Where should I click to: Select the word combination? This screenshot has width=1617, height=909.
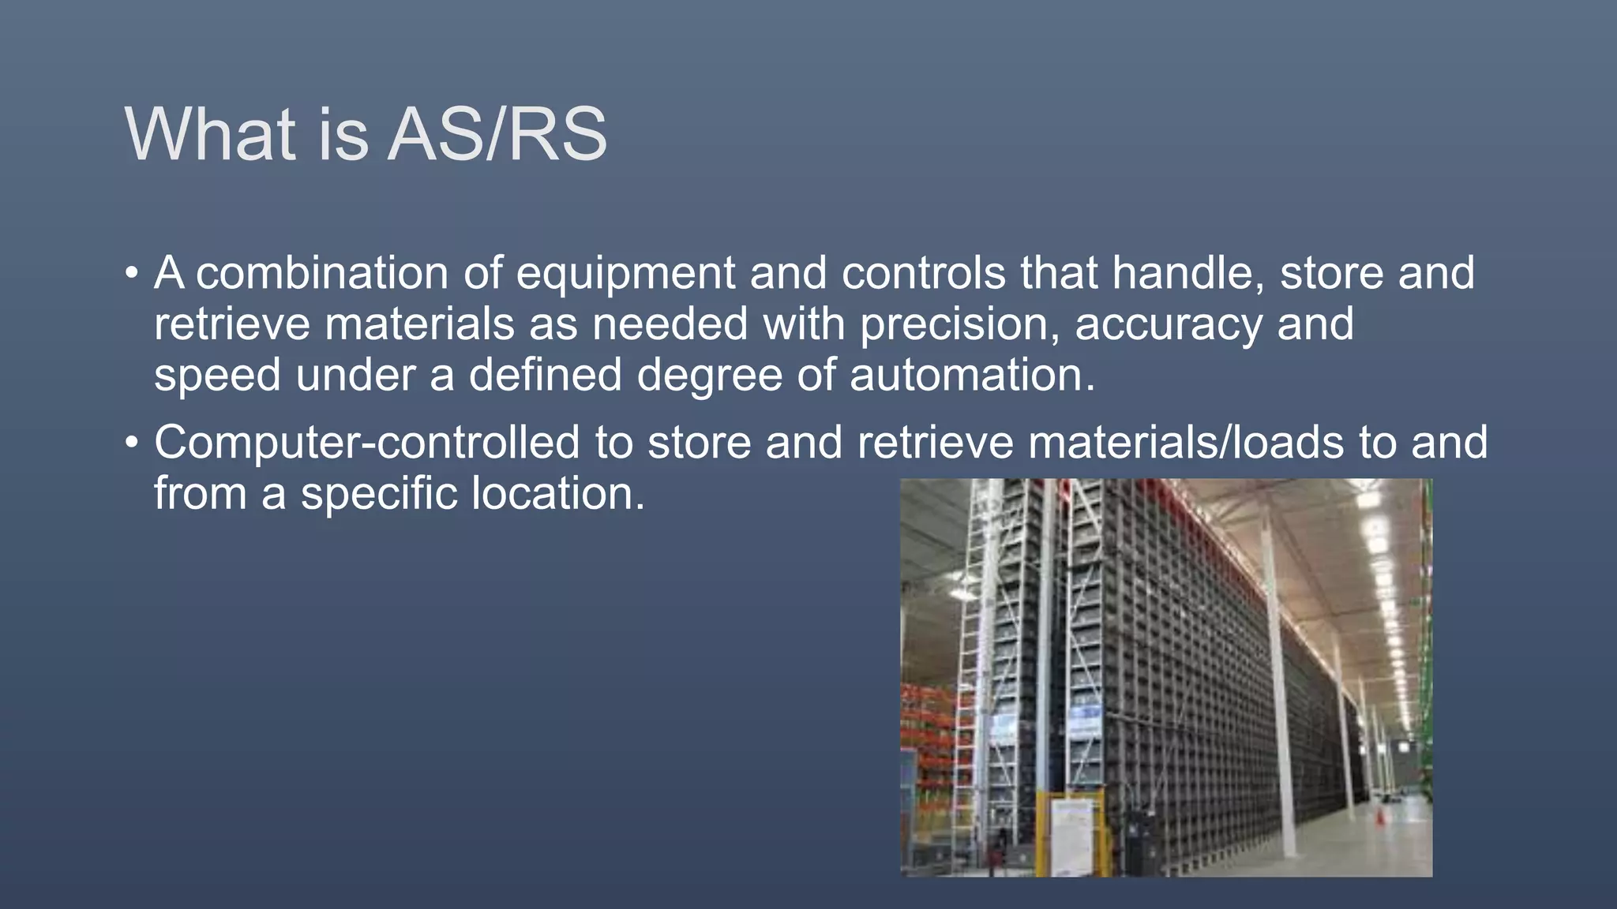tap(322, 274)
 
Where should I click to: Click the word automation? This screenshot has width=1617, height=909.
tap(972, 375)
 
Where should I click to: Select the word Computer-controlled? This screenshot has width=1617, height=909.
tap(366, 443)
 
